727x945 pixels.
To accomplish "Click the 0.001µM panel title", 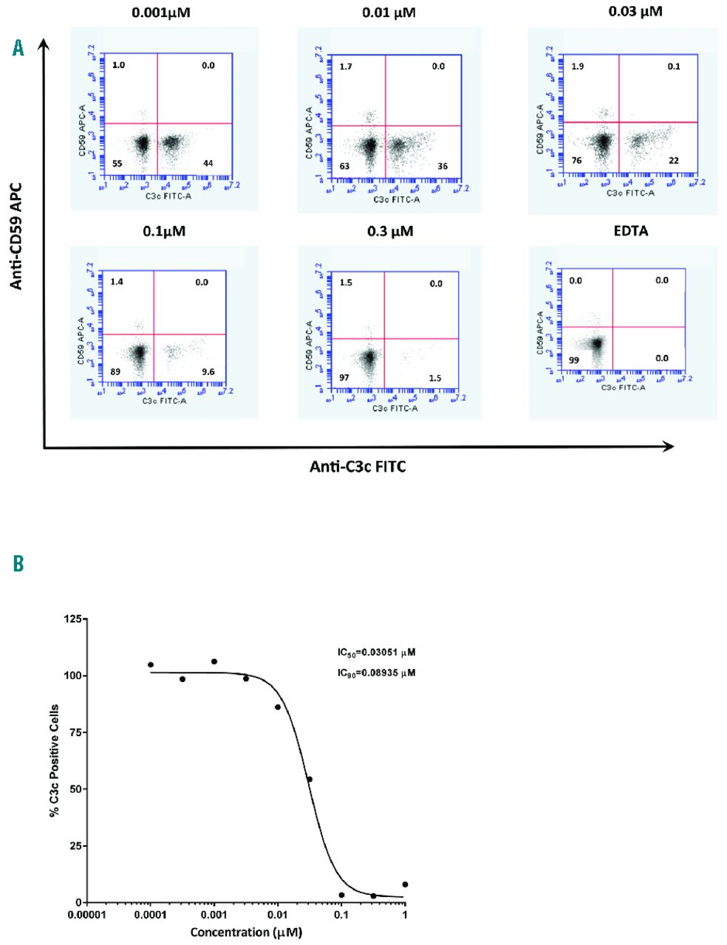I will (160, 13).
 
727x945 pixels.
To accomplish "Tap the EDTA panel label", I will (630, 231).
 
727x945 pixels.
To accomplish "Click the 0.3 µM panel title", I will (390, 231).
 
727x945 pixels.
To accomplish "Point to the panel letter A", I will (18, 49).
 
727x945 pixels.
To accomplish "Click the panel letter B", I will (18, 564).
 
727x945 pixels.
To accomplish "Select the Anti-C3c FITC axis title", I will (358, 467).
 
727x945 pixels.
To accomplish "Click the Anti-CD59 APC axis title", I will (16, 236).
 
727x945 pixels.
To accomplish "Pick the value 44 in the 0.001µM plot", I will (208, 162).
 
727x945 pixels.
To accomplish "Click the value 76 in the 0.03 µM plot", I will (577, 161).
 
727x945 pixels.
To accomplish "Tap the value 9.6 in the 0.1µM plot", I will (208, 371).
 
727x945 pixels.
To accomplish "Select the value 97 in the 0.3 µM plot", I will (346, 378).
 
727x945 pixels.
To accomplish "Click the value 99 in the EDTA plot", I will (574, 359).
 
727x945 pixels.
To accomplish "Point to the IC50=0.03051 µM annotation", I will (377, 653).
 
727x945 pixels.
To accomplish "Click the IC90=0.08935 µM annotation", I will (377, 673).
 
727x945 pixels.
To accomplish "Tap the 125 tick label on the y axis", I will (72, 619).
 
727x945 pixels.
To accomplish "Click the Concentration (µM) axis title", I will (246, 932).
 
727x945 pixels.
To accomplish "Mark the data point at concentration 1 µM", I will (405, 884).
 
